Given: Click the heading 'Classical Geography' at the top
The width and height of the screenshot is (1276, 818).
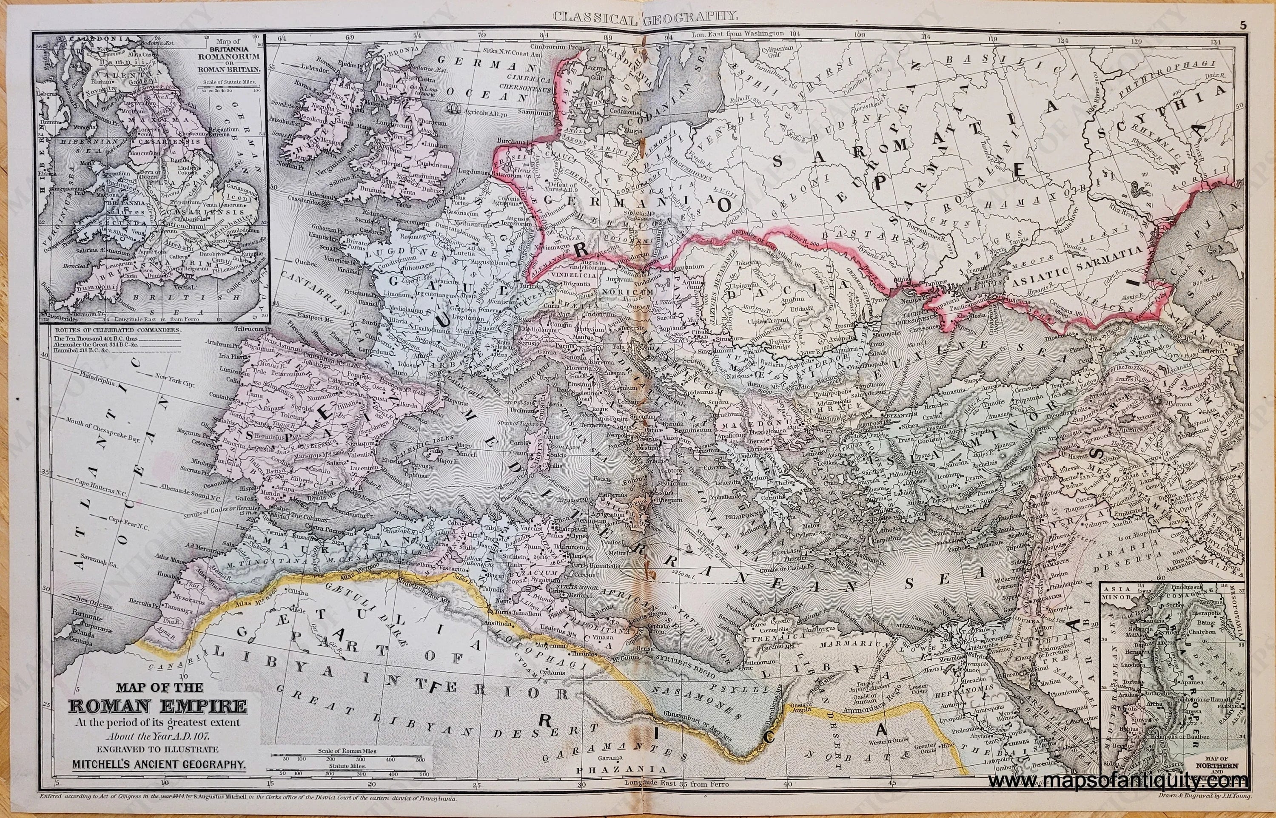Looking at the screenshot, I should (638, 16).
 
